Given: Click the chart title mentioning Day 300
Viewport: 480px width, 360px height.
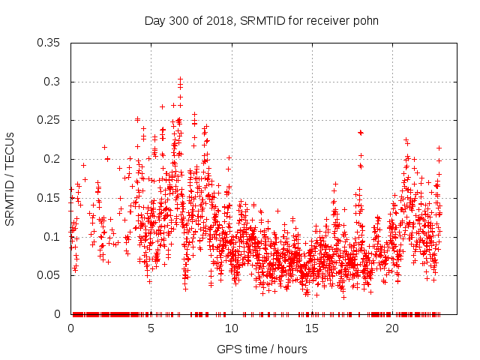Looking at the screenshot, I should click(x=261, y=20).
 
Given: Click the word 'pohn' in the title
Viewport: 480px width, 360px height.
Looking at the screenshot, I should click(x=364, y=20).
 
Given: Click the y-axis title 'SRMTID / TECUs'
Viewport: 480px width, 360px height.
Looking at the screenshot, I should click(x=10, y=178).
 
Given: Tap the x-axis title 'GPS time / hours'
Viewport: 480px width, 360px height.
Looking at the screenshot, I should click(x=261, y=349).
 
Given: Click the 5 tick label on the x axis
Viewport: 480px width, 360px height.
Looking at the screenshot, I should click(x=151, y=328).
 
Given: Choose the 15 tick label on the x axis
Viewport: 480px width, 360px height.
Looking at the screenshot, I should click(x=311, y=328).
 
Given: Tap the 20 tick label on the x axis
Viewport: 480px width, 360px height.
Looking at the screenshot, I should click(x=391, y=328).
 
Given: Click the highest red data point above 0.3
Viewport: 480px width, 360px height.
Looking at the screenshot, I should click(x=180, y=78).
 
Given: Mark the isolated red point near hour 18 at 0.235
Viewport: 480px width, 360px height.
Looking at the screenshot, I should click(x=361, y=132).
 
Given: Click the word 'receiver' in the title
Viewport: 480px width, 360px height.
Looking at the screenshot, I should click(x=326, y=20).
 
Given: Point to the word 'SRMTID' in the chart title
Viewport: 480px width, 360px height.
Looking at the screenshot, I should click(x=259, y=20).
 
